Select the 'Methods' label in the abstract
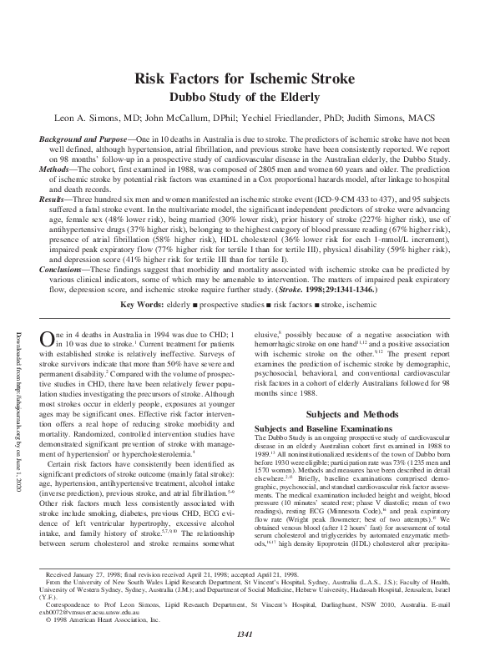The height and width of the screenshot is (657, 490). click(59, 169)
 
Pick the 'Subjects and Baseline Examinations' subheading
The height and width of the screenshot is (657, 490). click(318, 428)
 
